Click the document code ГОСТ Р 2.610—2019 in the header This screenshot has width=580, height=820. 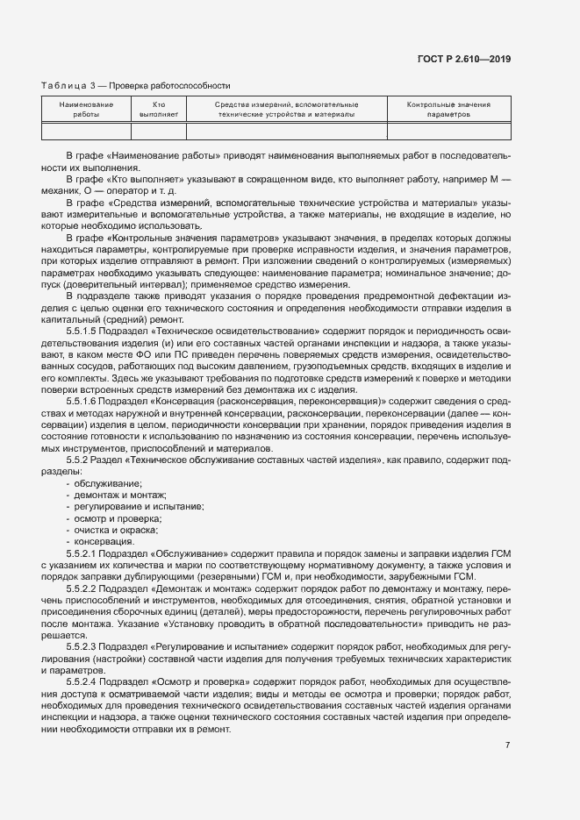point(465,59)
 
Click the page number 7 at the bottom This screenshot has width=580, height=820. point(507,745)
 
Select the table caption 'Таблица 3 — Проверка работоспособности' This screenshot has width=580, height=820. point(135,86)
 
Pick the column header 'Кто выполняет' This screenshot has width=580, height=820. point(159,110)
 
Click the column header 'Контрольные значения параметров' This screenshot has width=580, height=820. point(448,110)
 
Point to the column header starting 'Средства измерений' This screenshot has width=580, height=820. point(287,110)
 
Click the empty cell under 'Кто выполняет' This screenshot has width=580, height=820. point(159,132)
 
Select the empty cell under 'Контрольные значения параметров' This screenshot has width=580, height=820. point(448,132)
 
